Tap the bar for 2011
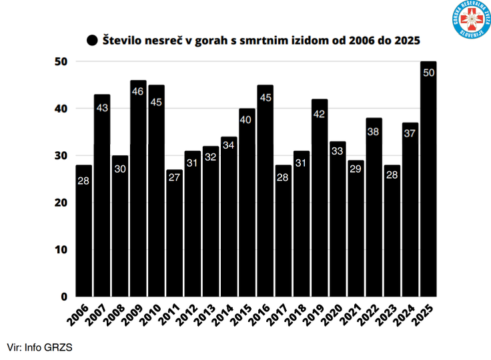click(175, 240)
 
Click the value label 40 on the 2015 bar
click(248, 119)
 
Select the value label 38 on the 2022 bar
click(374, 131)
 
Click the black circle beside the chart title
click(92, 40)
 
